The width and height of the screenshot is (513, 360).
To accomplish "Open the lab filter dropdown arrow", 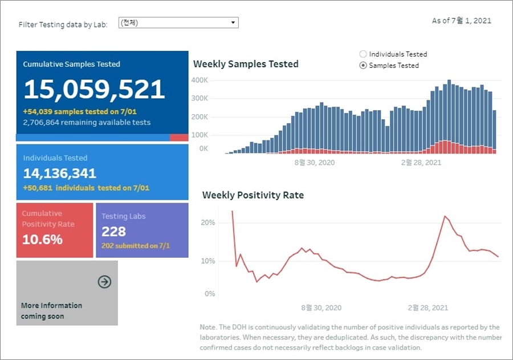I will pyautogui.click(x=233, y=23).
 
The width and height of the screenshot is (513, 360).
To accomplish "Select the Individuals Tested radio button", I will pyautogui.click(x=363, y=54).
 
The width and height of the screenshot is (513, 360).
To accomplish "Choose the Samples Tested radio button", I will pyautogui.click(x=363, y=66).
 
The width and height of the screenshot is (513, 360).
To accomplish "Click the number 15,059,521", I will pyautogui.click(x=94, y=90).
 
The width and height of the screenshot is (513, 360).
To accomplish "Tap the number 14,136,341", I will pyautogui.click(x=60, y=173).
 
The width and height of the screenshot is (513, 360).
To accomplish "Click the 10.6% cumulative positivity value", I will pyautogui.click(x=43, y=239).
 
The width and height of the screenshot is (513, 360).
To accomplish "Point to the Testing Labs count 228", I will pyautogui.click(x=113, y=231).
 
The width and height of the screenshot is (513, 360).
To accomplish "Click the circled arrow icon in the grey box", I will pyautogui.click(x=104, y=281).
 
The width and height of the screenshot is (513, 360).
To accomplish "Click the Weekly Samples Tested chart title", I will pyautogui.click(x=246, y=64).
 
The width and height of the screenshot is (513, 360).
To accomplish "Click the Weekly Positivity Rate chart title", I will pyautogui.click(x=253, y=195).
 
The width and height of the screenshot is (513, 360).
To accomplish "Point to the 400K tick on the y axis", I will pyautogui.click(x=199, y=80).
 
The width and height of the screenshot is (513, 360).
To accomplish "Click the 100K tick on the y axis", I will pyautogui.click(x=199, y=135).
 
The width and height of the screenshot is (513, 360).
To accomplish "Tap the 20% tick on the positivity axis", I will pyautogui.click(x=207, y=223).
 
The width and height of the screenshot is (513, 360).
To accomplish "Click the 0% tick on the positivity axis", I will pyautogui.click(x=209, y=294).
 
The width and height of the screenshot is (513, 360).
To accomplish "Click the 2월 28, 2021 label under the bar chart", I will pyautogui.click(x=421, y=163).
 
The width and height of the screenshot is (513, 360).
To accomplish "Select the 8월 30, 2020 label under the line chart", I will pyautogui.click(x=321, y=308).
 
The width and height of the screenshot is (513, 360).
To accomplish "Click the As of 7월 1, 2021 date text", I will pyautogui.click(x=461, y=21).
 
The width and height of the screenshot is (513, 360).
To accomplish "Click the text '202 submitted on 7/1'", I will pyautogui.click(x=136, y=246).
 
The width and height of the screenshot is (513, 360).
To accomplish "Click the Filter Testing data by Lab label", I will pyautogui.click(x=63, y=25).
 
